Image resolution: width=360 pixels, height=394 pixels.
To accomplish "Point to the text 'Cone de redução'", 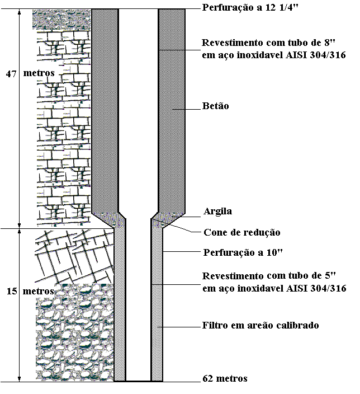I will click(241, 232).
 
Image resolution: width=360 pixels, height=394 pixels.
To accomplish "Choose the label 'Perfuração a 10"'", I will click(243, 252).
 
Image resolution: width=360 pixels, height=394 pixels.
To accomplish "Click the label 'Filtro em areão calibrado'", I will click(260, 325).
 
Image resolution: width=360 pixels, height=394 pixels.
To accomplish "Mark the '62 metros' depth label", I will click(225, 379).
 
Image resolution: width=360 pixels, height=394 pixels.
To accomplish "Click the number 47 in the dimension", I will click(11, 73).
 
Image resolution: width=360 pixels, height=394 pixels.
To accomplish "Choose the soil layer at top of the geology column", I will click(61, 19).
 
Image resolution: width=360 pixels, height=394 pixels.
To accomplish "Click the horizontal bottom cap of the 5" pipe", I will click(139, 381).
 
